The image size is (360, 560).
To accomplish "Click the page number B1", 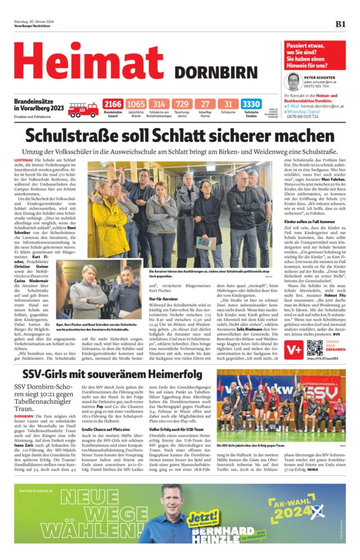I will tap(340, 24).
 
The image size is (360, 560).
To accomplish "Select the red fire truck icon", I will tap(83, 109).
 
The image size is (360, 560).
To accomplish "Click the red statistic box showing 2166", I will tap(113, 104).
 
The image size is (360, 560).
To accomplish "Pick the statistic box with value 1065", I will tap(136, 104).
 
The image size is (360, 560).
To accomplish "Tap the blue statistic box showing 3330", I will tap(251, 104).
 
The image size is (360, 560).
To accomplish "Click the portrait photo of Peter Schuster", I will tap(294, 81).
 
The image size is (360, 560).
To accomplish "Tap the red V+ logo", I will tap(294, 348).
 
